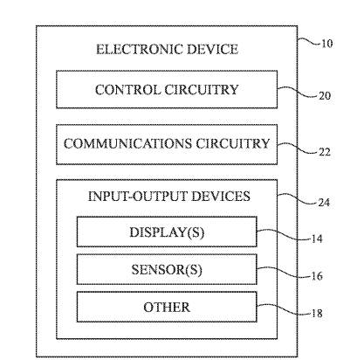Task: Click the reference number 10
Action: (326, 44)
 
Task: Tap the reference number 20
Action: (325, 96)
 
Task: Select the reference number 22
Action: (325, 152)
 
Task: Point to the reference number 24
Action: (324, 203)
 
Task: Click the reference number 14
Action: (317, 239)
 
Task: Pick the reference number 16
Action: (317, 276)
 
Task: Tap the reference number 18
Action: (317, 314)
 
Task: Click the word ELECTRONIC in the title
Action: (139, 49)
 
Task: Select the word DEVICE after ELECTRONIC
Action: (212, 49)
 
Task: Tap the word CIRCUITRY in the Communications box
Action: (233, 144)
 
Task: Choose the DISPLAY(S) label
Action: (167, 232)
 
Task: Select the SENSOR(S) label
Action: (167, 270)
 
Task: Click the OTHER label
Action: (167, 308)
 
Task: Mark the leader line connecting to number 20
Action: (298, 92)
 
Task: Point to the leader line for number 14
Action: (284, 235)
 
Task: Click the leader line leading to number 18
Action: (284, 309)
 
